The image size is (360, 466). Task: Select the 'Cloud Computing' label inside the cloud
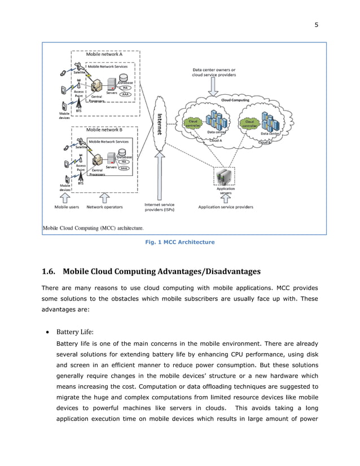(x=235, y=100)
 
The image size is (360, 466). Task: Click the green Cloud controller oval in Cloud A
(x=192, y=122)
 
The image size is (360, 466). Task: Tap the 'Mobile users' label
(x=67, y=207)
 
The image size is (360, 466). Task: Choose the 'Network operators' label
(x=104, y=207)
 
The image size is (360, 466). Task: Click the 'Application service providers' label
(x=226, y=207)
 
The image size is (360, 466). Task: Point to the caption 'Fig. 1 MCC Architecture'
(x=180, y=242)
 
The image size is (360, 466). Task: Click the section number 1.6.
(x=49, y=271)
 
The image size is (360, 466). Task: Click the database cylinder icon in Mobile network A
(x=124, y=77)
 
